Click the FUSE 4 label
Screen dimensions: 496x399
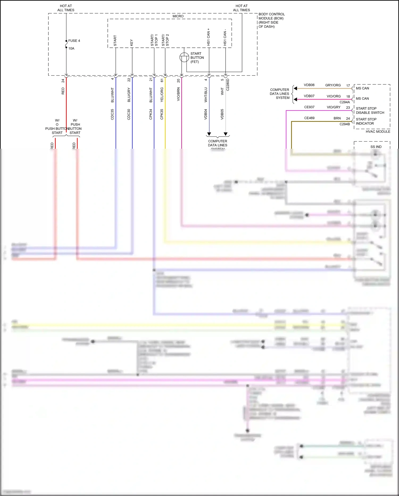click(74, 41)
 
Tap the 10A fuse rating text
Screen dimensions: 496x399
click(71, 49)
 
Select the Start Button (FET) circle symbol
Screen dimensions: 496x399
click(184, 57)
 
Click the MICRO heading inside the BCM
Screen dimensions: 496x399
click(178, 16)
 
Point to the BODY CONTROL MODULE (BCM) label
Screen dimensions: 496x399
click(271, 20)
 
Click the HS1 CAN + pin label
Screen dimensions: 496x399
click(209, 37)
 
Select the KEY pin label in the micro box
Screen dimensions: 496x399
click(131, 43)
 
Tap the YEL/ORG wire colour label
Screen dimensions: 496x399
click(162, 95)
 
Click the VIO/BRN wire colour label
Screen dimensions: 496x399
click(178, 94)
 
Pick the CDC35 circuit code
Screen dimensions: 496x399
click(112, 114)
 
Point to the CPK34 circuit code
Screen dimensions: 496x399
click(151, 114)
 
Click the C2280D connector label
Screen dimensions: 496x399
click(228, 85)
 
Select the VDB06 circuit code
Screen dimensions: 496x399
click(309, 85)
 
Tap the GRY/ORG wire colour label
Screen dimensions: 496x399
click(333, 85)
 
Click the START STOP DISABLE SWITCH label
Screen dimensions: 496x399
click(370, 111)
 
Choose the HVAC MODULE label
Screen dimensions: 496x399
click(378, 132)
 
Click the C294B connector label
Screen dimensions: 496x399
click(344, 124)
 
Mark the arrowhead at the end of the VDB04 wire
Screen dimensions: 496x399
click(209, 134)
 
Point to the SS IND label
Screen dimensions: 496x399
click(376, 147)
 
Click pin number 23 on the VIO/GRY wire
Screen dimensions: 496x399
click(348, 108)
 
